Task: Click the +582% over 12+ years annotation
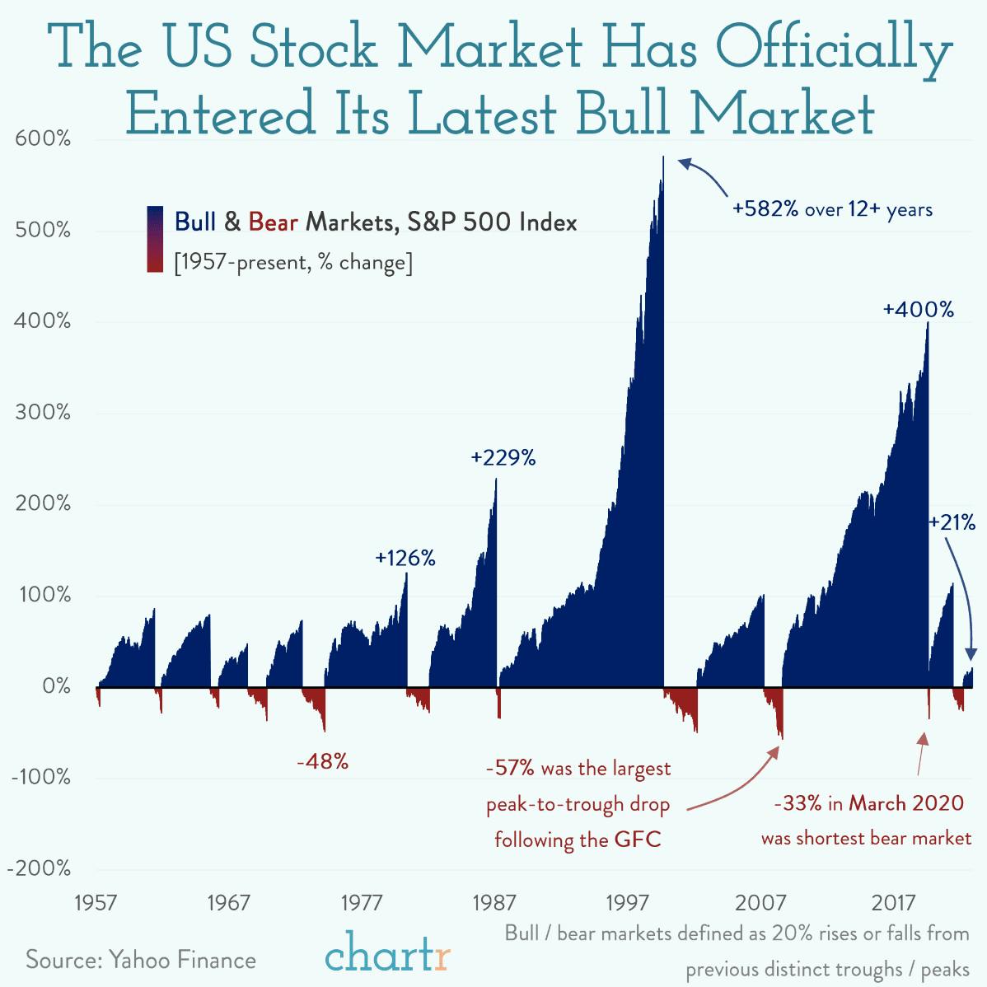click(x=832, y=209)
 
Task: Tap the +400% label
click(x=918, y=311)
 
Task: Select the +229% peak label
click(x=503, y=458)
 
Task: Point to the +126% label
click(x=405, y=559)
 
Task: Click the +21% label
click(x=952, y=522)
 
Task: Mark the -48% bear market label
click(x=322, y=762)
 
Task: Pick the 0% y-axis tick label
click(x=56, y=685)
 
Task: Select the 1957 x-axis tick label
click(x=96, y=903)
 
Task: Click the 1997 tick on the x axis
click(x=627, y=903)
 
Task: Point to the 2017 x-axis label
click(x=893, y=903)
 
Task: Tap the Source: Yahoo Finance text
click(x=141, y=960)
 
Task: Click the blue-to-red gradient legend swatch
click(x=154, y=240)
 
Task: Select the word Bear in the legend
click(x=273, y=222)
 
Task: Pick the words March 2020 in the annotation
click(x=905, y=803)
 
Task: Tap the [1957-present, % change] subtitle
click(x=293, y=263)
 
